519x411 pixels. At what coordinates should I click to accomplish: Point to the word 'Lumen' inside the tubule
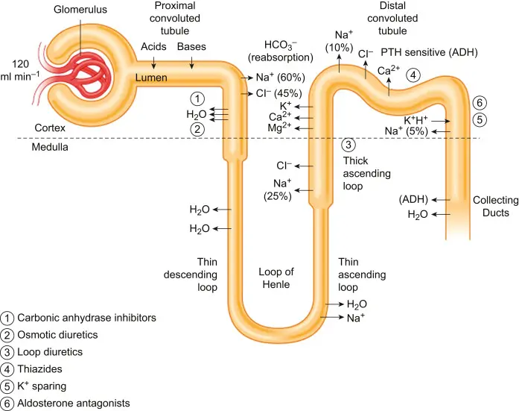point(152,77)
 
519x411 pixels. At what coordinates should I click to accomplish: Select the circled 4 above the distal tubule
point(413,75)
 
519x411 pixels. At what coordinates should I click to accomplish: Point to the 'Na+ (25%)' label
point(280,189)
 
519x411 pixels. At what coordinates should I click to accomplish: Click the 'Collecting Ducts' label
point(493,207)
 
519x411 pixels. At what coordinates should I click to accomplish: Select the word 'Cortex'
point(51,128)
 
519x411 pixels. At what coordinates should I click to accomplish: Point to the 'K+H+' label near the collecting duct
point(417,120)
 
